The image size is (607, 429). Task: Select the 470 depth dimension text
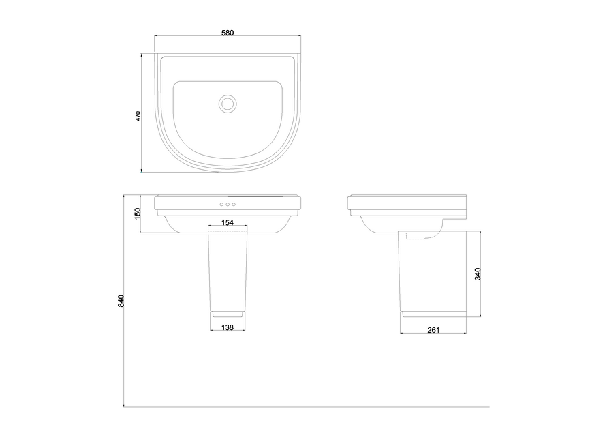138,115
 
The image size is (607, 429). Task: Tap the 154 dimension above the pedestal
228,223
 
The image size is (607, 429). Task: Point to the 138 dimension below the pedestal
228,328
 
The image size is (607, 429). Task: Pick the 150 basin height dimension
138,213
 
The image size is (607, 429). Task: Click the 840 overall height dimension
121,300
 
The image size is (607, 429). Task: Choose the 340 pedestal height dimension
478,273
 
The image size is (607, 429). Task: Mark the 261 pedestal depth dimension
433,330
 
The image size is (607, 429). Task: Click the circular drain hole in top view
228,103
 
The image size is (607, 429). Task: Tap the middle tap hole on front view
228,204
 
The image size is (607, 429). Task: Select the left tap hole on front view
221,204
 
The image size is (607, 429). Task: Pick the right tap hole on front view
234,204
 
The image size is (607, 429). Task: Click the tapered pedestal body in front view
228,273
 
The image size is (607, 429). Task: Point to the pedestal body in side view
432,280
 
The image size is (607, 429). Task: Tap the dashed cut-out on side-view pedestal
422,237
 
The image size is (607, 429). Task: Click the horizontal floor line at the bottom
307,407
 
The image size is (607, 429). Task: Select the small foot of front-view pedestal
228,314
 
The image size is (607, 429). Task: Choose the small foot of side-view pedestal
432,314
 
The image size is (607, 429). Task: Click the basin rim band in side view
405,203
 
